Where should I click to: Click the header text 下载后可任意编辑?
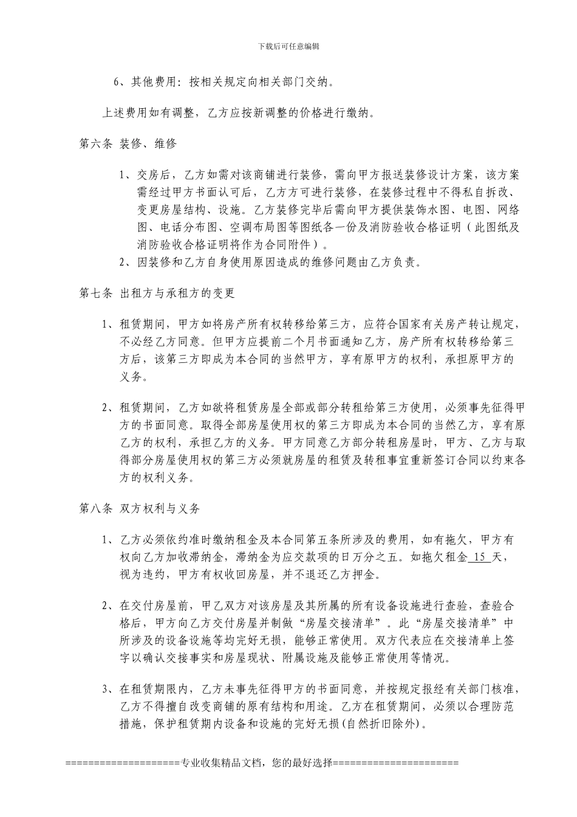[x=288, y=46]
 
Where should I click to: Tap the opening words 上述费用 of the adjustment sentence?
[x=121, y=113]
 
